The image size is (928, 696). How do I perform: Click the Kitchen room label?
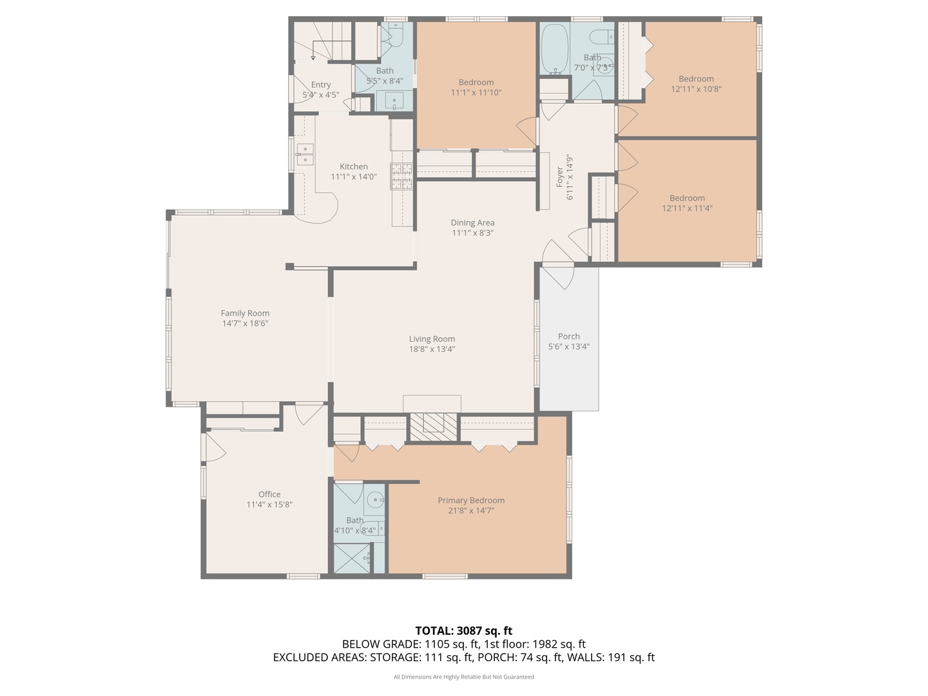click(354, 166)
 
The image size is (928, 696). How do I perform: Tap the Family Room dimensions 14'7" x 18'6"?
click(245, 324)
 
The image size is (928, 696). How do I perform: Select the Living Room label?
click(432, 339)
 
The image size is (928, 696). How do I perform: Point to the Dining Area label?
click(472, 223)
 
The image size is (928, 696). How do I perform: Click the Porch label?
click(568, 336)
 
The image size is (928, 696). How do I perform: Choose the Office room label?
click(269, 494)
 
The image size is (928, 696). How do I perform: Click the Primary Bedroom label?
click(471, 500)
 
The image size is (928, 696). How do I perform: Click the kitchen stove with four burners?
click(401, 177)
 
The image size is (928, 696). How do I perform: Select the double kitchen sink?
click(305, 155)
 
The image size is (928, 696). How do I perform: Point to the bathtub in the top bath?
click(552, 48)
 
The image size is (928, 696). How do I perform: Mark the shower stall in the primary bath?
click(352, 558)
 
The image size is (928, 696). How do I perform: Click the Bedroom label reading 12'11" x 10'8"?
click(696, 79)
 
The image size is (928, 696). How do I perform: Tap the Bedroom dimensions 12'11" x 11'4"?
click(687, 208)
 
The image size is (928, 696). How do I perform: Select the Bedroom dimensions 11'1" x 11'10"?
click(476, 92)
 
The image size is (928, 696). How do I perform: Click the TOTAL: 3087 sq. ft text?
click(463, 631)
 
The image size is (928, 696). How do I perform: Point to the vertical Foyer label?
click(560, 177)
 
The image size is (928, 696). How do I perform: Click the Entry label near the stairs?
click(321, 84)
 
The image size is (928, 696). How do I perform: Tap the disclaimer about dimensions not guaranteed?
click(463, 677)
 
